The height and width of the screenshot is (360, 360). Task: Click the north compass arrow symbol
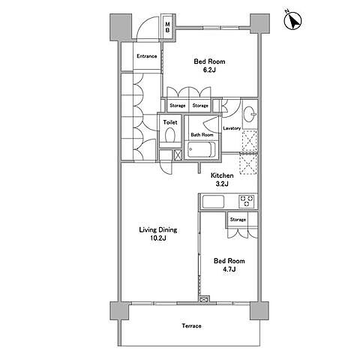[x=292, y=20]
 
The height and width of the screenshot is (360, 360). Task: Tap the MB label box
[x=167, y=27]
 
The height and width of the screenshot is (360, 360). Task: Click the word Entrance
[x=147, y=56]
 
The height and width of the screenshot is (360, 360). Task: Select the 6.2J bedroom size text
[x=209, y=70]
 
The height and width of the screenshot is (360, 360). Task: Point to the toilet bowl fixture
[x=170, y=135]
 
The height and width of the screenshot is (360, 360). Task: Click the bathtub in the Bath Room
[x=202, y=150]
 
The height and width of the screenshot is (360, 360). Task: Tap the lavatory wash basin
[x=250, y=115]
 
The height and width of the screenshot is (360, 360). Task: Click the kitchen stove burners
[x=247, y=201]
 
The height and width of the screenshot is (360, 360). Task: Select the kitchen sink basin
[x=213, y=202]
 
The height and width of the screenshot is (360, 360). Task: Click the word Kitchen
[x=222, y=175]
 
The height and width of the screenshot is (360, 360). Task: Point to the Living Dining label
[x=158, y=230]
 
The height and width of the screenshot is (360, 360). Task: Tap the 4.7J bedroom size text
[x=229, y=269]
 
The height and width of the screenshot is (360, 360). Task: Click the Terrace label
[x=191, y=326]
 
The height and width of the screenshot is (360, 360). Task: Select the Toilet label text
[x=170, y=122]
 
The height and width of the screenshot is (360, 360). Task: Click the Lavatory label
[x=232, y=128]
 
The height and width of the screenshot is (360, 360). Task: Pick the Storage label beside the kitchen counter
[x=238, y=220]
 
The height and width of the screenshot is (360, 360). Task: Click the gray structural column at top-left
[x=121, y=27]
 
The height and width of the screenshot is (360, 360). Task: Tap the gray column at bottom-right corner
[x=259, y=310]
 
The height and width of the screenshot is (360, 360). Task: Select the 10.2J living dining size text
[x=158, y=238]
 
